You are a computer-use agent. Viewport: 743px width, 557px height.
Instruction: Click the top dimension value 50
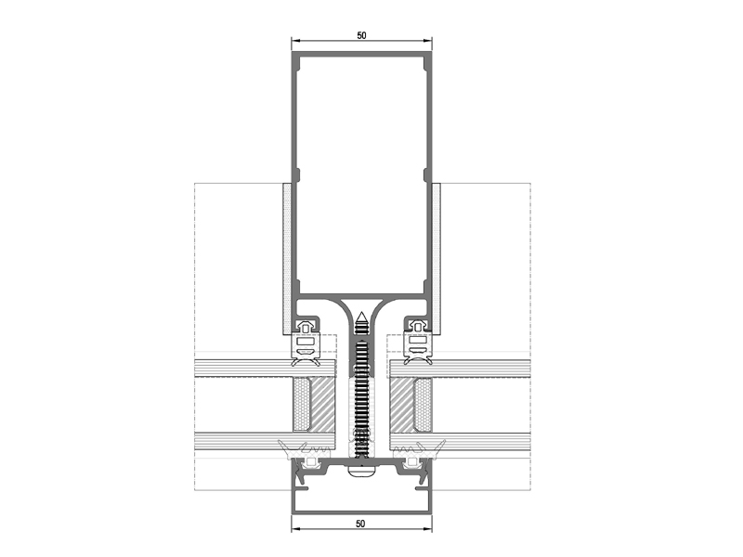click(x=361, y=35)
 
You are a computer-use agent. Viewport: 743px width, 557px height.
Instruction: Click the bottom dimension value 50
click(x=360, y=524)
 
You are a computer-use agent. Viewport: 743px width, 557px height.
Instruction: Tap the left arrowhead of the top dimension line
click(x=295, y=41)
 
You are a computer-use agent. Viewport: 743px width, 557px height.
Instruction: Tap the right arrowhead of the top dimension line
click(x=427, y=41)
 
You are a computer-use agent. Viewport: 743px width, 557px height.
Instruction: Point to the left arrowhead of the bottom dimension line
click(x=295, y=529)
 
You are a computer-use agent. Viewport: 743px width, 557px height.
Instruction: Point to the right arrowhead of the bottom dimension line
click(x=427, y=529)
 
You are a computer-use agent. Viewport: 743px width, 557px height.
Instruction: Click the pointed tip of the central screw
click(x=361, y=313)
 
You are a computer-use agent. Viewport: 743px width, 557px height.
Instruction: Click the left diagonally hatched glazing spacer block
click(x=321, y=405)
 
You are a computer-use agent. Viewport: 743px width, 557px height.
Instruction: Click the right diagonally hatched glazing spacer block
click(x=402, y=405)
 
